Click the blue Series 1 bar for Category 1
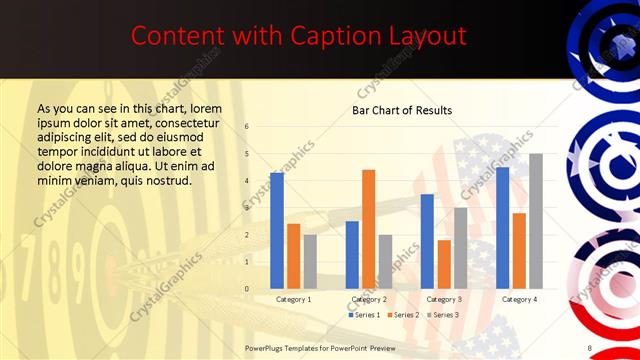click(x=277, y=231)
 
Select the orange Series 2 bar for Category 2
click(x=368, y=229)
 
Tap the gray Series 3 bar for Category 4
click(x=536, y=221)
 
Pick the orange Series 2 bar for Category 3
click(x=444, y=264)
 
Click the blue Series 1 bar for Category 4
click(x=502, y=228)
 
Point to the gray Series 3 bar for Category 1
click(x=310, y=262)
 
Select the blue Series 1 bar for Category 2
click(x=352, y=255)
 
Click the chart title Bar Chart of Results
click(x=402, y=110)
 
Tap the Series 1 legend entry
click(x=364, y=315)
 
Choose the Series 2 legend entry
click(x=402, y=315)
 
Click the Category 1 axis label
click(x=293, y=299)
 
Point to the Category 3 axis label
click(x=444, y=299)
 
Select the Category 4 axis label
click(x=519, y=299)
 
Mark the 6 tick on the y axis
click(x=247, y=127)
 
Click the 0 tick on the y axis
click(x=247, y=289)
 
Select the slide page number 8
click(x=590, y=347)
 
